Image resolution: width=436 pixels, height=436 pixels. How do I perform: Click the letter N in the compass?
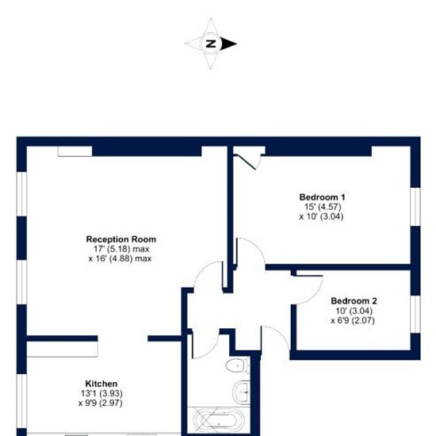click(x=211, y=44)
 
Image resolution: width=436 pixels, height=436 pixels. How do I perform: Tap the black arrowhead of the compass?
click(x=228, y=44)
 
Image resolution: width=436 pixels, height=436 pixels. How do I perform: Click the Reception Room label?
click(x=121, y=239)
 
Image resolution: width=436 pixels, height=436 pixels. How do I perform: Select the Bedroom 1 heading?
click(x=322, y=197)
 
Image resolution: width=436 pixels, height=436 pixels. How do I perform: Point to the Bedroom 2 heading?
click(x=354, y=301)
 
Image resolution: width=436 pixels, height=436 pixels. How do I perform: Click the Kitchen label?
click(x=101, y=384)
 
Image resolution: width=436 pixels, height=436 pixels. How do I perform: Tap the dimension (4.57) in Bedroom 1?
click(x=330, y=207)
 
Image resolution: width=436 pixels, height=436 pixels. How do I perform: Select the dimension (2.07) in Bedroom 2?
click(x=363, y=320)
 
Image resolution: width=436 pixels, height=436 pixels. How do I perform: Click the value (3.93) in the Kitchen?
click(x=111, y=393)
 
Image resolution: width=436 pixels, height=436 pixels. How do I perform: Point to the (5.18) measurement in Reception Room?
click(x=119, y=249)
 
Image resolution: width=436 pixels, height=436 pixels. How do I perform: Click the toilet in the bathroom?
click(x=237, y=365)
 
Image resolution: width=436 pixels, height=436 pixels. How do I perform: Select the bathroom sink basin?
click(x=241, y=392)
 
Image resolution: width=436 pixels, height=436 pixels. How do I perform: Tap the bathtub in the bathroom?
click(x=219, y=420)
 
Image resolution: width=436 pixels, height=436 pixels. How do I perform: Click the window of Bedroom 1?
click(x=415, y=207)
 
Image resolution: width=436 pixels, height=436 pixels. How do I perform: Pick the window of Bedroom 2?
click(x=415, y=314)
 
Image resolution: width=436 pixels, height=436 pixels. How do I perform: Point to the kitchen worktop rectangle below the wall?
click(x=63, y=349)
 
